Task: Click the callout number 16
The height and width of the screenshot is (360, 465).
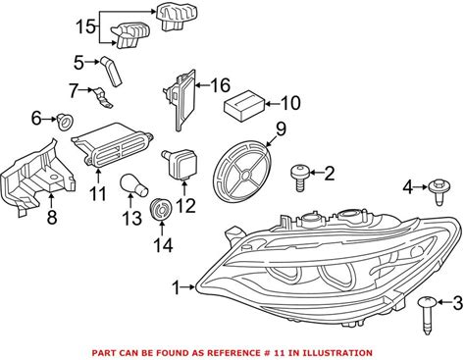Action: pos(220,85)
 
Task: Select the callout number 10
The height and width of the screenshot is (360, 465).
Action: pos(290,103)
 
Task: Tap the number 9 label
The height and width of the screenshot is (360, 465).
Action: pos(281,129)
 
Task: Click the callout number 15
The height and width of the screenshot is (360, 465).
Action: pos(85,26)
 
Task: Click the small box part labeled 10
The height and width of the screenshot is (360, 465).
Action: pos(244,105)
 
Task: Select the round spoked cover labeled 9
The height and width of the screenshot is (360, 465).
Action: pos(241,170)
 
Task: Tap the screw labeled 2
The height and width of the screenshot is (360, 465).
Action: pos(299,178)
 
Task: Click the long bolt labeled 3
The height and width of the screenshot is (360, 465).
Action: pos(427,315)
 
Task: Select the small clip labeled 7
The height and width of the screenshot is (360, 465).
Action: pos(102,97)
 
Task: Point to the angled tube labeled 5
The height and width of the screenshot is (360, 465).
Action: pos(111,71)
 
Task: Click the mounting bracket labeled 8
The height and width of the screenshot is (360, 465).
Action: pos(36,178)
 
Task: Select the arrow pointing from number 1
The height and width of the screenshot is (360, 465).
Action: pos(188,287)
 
